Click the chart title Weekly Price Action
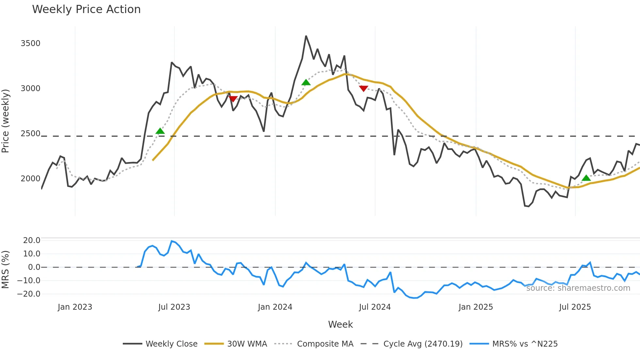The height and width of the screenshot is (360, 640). pos(86,9)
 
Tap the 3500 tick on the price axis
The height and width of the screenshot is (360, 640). pos(30,43)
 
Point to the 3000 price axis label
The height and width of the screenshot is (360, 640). pos(30,89)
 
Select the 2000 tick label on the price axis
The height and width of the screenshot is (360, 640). pos(30,179)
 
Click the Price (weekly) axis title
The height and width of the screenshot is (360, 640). pos(6,121)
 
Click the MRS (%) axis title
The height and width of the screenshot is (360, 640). pos(6,270)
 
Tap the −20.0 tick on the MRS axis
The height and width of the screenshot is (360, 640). pos(29,294)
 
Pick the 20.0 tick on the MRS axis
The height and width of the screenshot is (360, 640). pos(31,240)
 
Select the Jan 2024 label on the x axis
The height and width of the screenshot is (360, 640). pos(275,307)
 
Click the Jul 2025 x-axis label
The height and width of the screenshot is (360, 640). pos(575,307)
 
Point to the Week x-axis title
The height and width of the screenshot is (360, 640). pos(340,324)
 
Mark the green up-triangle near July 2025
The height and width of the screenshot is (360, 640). pos(586,178)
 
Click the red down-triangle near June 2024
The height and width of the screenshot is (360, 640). pos(363,89)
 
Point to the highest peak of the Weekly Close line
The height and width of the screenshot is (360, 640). pos(306,36)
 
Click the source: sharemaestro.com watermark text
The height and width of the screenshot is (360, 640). pos(578,288)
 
